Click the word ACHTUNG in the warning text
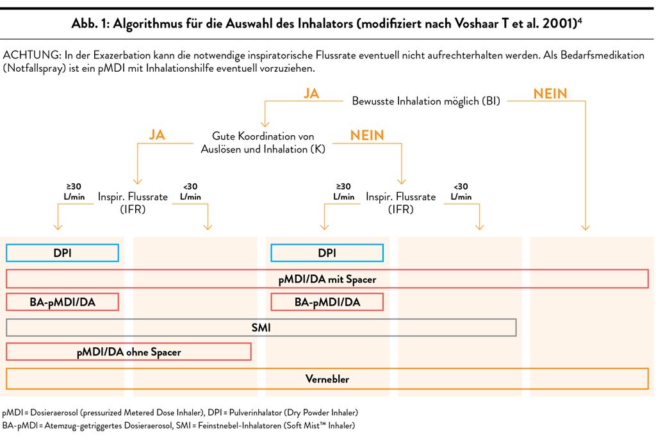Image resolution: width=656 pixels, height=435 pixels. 32,55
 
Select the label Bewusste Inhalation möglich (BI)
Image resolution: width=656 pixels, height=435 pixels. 426,101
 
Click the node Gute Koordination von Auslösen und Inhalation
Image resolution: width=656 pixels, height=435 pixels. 263,143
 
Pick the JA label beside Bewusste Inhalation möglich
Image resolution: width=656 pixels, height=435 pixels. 311,94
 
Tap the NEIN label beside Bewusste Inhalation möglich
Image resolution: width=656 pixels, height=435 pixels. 550,94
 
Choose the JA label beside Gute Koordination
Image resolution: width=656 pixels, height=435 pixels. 157,135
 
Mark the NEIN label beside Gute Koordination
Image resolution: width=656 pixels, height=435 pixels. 367,136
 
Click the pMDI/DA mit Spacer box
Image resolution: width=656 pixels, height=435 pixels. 327,279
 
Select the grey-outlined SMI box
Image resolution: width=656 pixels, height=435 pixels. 261,327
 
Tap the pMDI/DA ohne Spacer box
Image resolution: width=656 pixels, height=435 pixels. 129,352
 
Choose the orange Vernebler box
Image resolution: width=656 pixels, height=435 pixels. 327,379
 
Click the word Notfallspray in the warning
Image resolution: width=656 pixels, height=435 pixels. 34,68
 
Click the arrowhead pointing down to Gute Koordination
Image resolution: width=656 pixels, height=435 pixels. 265,124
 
